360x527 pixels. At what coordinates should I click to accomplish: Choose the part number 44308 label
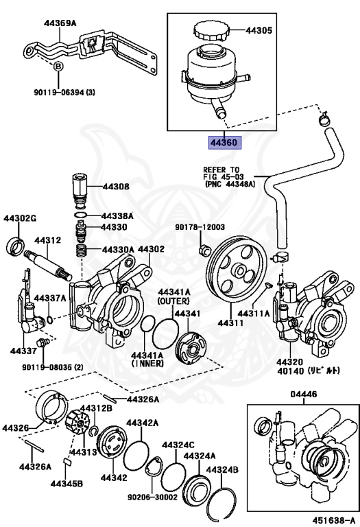(116, 187)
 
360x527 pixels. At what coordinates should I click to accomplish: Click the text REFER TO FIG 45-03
(221, 175)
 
